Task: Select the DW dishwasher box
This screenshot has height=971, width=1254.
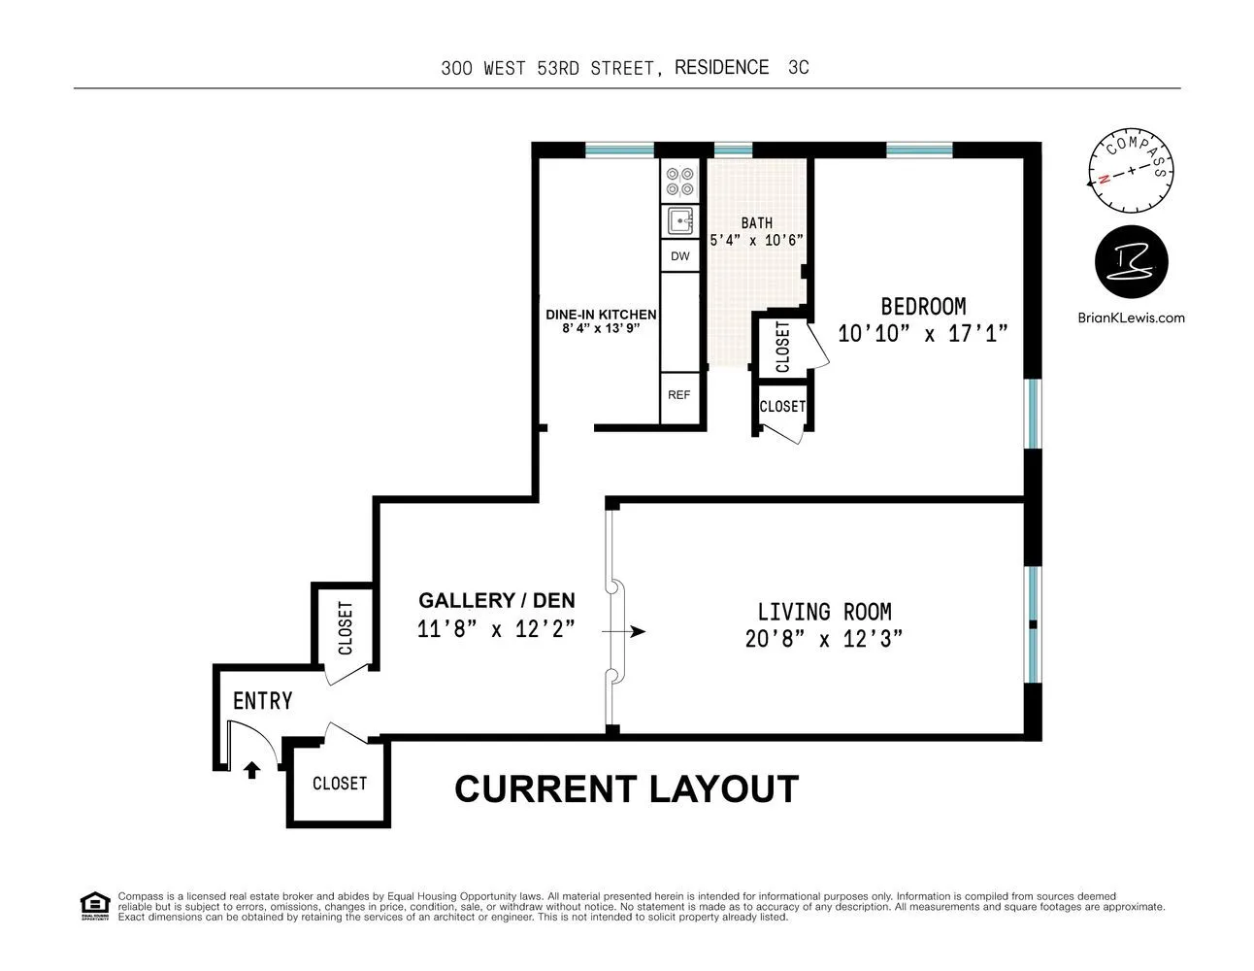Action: [679, 256]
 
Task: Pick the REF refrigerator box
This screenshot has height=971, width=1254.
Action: [678, 395]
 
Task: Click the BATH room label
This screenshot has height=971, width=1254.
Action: [756, 223]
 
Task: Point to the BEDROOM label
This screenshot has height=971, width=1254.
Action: [922, 307]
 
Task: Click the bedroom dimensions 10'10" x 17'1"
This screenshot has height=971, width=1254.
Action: [922, 334]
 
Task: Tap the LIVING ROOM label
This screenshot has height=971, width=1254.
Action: [824, 612]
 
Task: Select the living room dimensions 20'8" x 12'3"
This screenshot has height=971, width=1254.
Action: [824, 639]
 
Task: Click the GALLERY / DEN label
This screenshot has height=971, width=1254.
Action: [496, 600]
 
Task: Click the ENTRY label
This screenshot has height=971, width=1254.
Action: [262, 701]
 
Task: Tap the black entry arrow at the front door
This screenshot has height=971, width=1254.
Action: [251, 770]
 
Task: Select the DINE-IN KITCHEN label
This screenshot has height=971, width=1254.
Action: [601, 315]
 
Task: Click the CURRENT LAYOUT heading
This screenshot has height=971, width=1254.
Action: [626, 789]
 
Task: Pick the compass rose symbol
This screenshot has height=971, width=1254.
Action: [1130, 172]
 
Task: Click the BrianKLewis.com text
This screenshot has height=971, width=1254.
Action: [1131, 318]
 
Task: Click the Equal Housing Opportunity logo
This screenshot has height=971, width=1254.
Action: [93, 906]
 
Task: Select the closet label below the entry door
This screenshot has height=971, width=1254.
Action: [339, 783]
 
